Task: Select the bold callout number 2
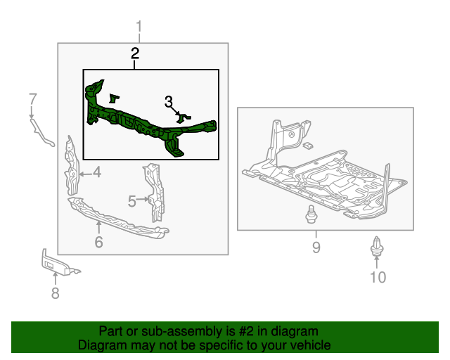tap(134, 53)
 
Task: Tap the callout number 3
tap(169, 102)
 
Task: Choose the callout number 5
tap(131, 202)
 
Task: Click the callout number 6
tap(98, 243)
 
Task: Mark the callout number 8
tap(55, 293)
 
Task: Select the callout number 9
tap(316, 247)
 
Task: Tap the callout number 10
tap(378, 277)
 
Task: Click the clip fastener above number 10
tap(377, 247)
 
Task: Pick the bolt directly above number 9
tap(310, 216)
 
